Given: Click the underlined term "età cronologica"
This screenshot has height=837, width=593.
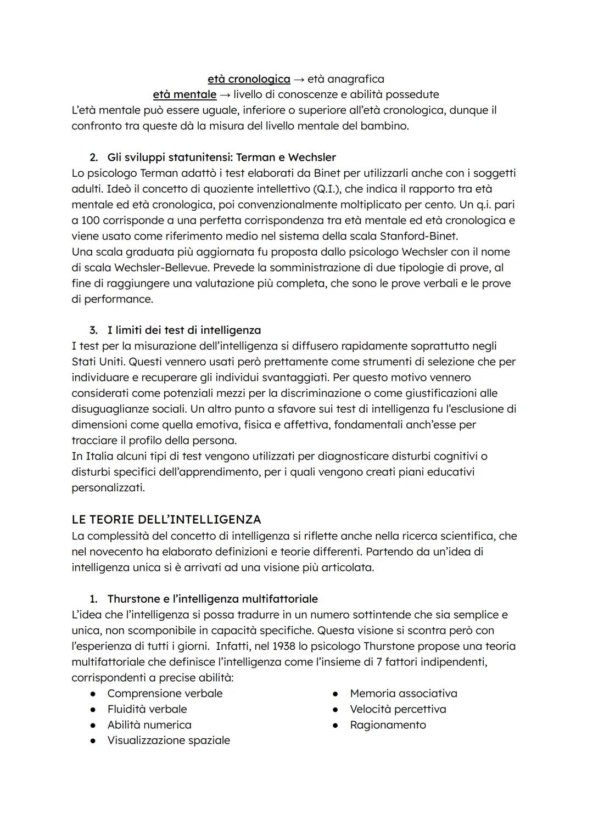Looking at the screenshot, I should click(x=249, y=79).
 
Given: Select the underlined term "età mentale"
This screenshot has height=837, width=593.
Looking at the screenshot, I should click(x=184, y=94).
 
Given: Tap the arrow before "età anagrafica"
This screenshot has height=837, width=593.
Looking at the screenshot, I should click(x=299, y=79).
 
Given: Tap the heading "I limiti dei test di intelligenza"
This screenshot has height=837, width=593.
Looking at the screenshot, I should click(x=184, y=330).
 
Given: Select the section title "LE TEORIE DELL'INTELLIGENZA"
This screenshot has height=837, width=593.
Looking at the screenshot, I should click(x=166, y=519).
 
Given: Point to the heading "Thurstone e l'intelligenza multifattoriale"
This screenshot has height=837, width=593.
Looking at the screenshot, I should click(x=212, y=599).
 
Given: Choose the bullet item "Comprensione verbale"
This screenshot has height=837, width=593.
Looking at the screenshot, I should click(x=165, y=693).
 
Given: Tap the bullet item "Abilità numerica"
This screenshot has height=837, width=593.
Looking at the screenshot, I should click(x=149, y=725).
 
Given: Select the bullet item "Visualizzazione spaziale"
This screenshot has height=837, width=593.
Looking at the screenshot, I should click(x=169, y=740).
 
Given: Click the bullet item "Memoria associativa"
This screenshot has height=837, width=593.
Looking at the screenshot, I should click(x=404, y=693).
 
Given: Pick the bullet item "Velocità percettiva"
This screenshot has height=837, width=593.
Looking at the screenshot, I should click(x=398, y=709).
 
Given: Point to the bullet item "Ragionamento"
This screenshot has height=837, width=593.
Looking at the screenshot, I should click(x=388, y=725).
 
